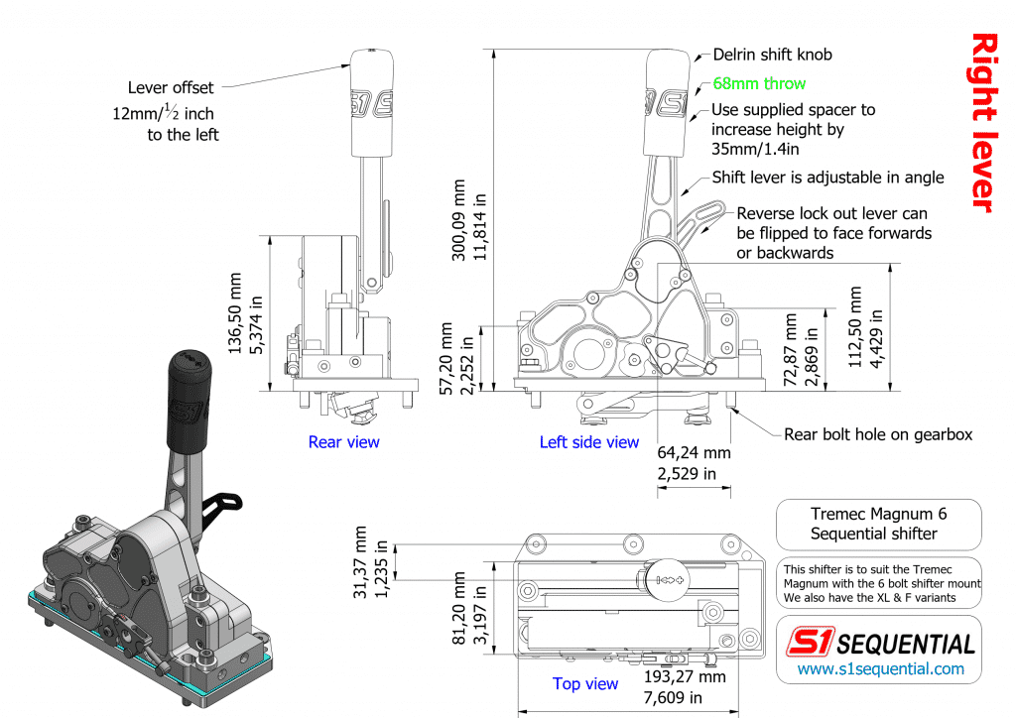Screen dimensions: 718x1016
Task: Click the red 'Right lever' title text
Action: (x=982, y=122)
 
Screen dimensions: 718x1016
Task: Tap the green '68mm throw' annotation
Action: (x=759, y=83)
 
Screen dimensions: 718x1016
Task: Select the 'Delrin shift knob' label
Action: (x=772, y=55)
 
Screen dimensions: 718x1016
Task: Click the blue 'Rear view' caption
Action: (x=343, y=442)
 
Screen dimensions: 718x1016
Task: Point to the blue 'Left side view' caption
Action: (x=589, y=442)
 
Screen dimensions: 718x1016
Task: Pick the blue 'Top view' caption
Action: (x=585, y=683)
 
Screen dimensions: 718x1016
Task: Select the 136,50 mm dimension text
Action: (x=235, y=314)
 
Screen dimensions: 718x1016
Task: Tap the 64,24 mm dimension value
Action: (x=694, y=454)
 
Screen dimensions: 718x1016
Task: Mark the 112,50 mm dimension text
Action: (x=856, y=327)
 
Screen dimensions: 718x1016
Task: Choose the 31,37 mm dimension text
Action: (x=360, y=562)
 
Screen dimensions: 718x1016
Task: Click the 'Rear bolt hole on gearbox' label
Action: (x=878, y=434)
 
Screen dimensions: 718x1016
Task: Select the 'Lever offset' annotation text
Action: (x=171, y=88)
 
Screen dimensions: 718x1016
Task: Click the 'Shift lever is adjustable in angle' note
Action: (x=827, y=179)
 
